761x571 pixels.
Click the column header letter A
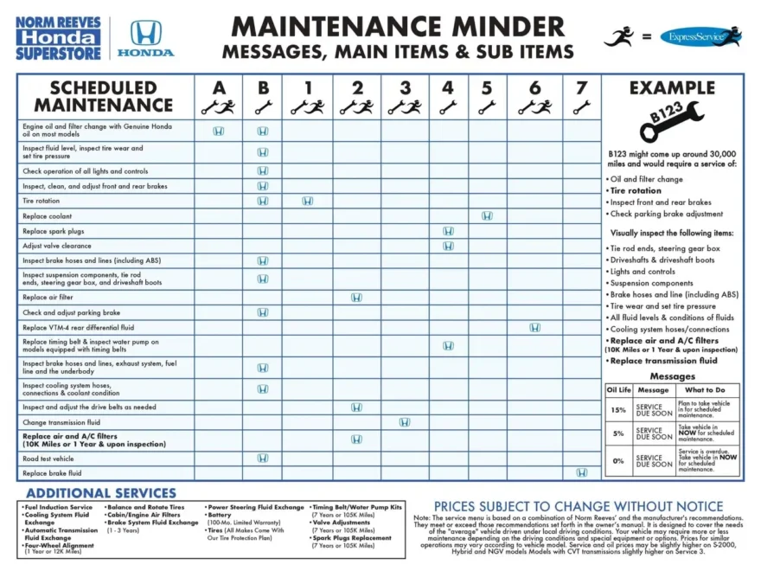pyautogui.click(x=219, y=87)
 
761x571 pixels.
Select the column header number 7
pyautogui.click(x=581, y=87)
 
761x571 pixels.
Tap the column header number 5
pyautogui.click(x=487, y=87)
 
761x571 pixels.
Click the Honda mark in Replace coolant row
pyautogui.click(x=487, y=215)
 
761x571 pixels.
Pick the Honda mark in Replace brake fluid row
pyautogui.click(x=581, y=472)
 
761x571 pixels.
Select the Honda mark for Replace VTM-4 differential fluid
pyautogui.click(x=534, y=327)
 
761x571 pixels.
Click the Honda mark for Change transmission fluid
pyautogui.click(x=404, y=422)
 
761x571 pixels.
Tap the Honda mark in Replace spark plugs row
pyautogui.click(x=448, y=231)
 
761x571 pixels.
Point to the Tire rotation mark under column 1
pyautogui.click(x=307, y=201)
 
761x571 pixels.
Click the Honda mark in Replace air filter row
pyautogui.click(x=356, y=297)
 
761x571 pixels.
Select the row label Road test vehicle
pyautogui.click(x=48, y=459)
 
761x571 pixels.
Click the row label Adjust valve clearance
pyautogui.click(x=57, y=246)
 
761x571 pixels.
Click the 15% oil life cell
pyautogui.click(x=617, y=410)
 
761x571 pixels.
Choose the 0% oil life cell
pyautogui.click(x=617, y=460)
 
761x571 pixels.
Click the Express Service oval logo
pyautogui.click(x=700, y=36)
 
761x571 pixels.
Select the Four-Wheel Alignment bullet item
pyautogui.click(x=59, y=546)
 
